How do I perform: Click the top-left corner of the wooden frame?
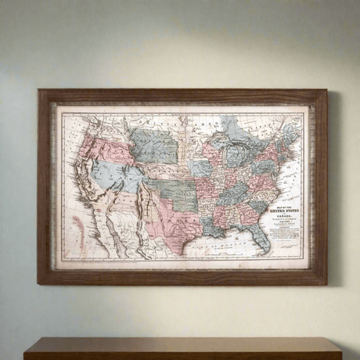(x=40, y=92)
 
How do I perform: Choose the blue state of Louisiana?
(x=214, y=228)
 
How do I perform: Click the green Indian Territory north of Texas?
(x=185, y=199)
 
